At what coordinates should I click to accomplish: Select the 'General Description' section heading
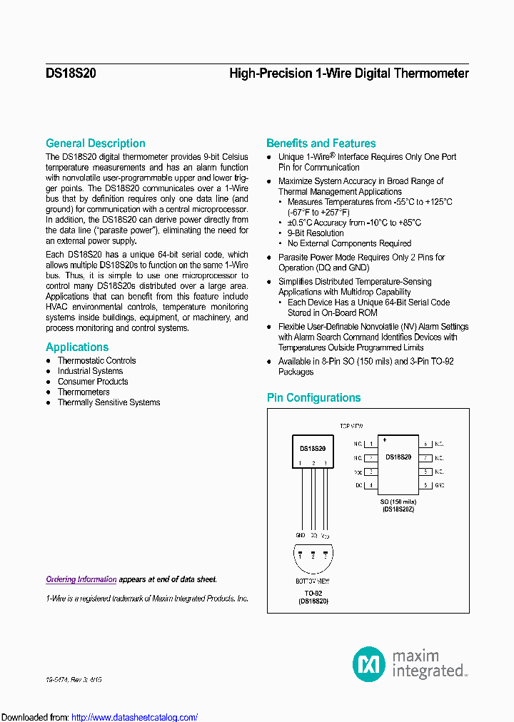pos(96,143)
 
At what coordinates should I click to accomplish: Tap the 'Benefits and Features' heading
pos(321,143)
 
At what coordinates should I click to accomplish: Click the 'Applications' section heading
pos(77,347)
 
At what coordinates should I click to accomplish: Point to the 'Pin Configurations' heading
pos(313,398)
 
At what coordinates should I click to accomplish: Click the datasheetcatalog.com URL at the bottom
pos(134,717)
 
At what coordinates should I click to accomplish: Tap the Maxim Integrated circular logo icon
pos(369,664)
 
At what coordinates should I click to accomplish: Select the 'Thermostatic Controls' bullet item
pos(96,361)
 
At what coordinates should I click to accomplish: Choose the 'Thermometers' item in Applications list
pos(84,392)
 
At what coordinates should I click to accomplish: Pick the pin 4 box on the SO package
pos(371,485)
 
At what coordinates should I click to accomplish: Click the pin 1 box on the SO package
pos(371,444)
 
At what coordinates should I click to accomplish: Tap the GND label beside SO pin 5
pos(440,485)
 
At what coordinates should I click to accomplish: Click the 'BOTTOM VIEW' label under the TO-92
pos(313,581)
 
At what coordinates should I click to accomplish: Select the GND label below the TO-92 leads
pos(301,534)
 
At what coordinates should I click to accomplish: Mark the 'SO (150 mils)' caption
pos(398,502)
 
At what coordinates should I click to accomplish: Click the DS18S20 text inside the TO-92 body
pos(313,449)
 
